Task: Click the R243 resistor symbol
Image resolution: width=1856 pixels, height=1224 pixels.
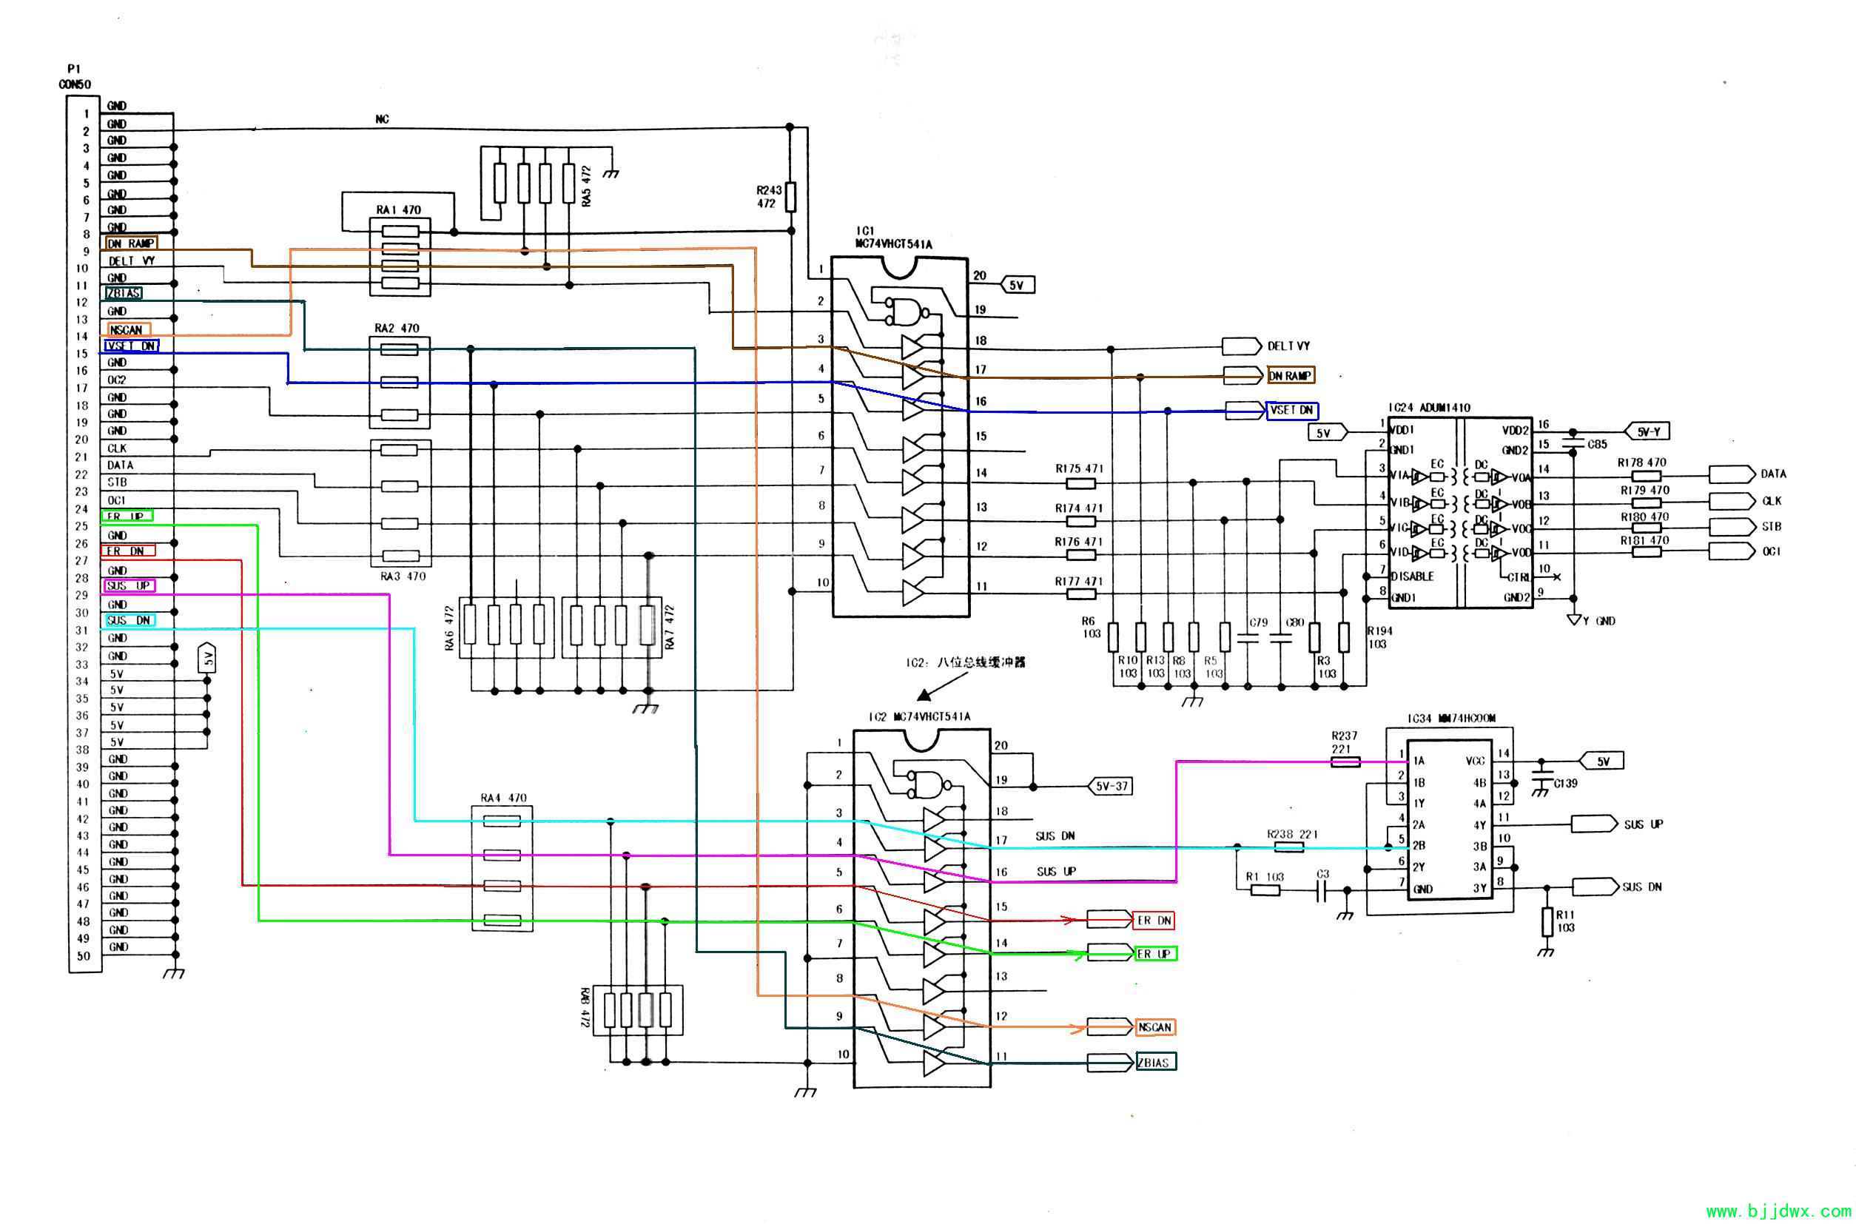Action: [790, 197]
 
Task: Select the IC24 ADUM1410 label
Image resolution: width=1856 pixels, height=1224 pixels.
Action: [1429, 408]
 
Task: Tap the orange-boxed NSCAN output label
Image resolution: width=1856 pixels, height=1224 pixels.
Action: [1154, 1027]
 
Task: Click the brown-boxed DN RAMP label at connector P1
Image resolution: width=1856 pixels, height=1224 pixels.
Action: [131, 243]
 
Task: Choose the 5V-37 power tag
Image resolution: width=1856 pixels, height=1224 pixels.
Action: [1111, 786]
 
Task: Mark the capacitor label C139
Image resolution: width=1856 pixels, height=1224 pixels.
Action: [1566, 784]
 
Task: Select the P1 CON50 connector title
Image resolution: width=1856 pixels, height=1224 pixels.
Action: [75, 77]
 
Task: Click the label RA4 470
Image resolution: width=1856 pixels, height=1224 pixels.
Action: [503, 798]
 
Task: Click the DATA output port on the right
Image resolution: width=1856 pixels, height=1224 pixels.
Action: [1731, 474]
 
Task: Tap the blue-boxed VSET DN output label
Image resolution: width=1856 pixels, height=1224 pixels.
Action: [1291, 411]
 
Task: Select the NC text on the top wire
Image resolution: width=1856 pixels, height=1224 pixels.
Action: [382, 119]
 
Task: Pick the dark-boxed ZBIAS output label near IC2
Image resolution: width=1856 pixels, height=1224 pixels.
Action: [1154, 1063]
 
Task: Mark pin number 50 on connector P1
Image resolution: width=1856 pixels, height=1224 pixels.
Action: [84, 956]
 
